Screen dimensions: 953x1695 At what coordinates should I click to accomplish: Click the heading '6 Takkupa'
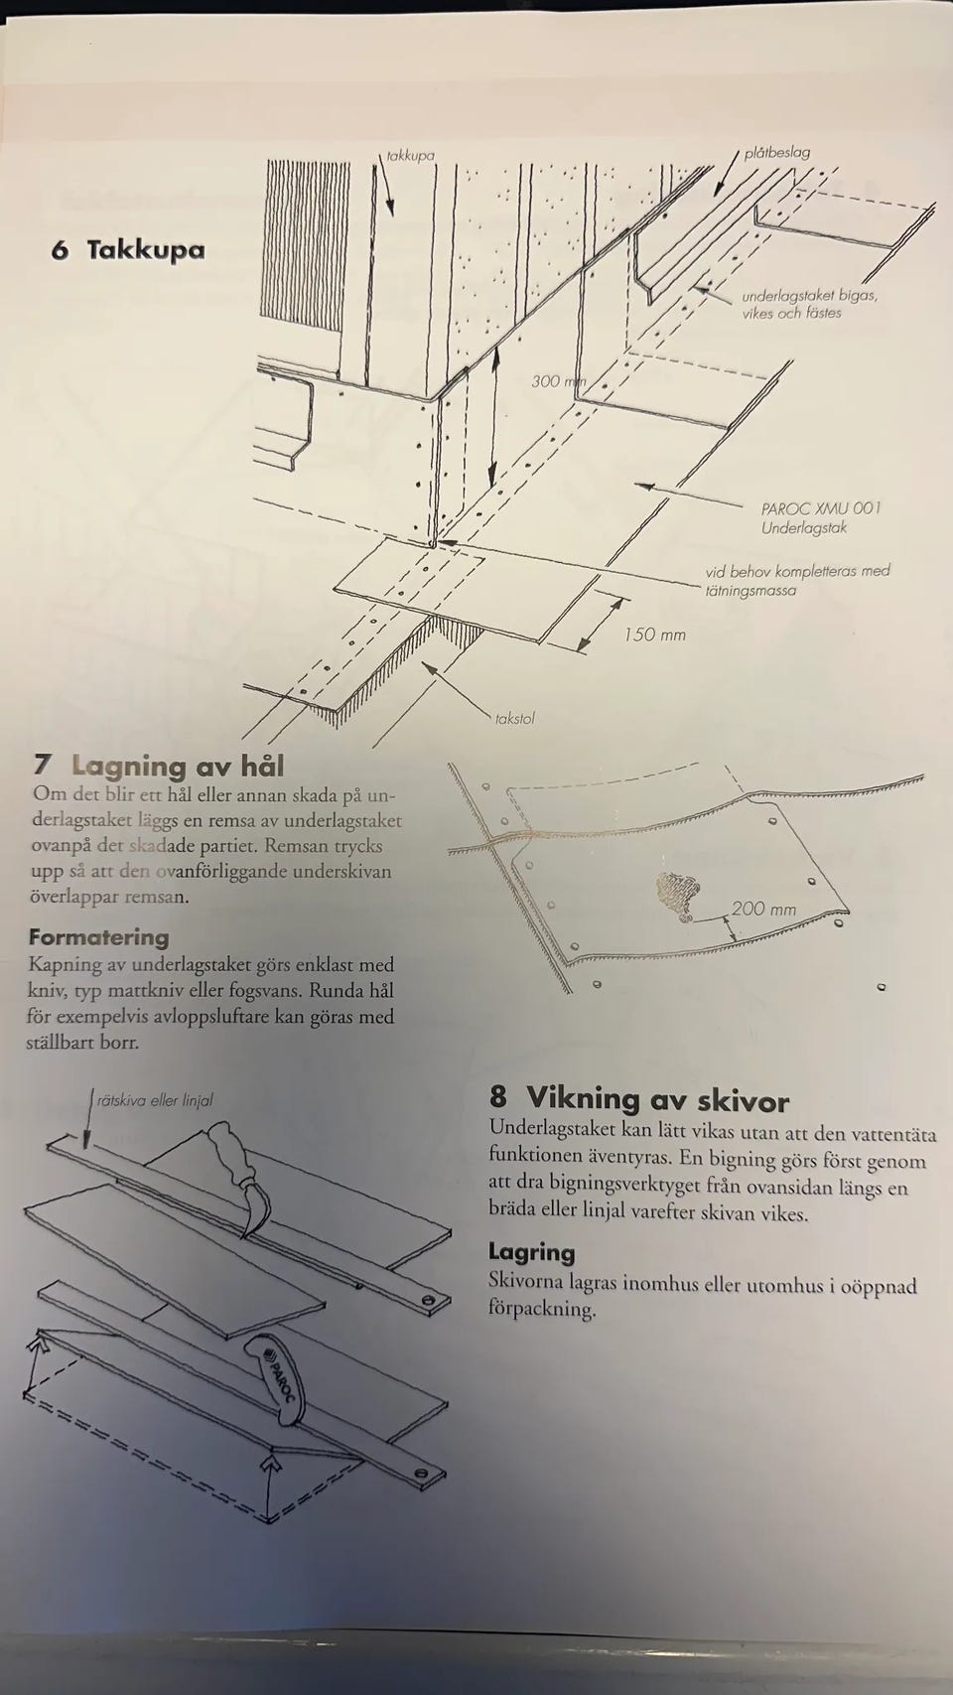(128, 250)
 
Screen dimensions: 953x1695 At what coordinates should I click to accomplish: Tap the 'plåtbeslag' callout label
(776, 152)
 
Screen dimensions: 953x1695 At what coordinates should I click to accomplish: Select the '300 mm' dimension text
(558, 381)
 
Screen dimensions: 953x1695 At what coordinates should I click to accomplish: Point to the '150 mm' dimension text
(655, 635)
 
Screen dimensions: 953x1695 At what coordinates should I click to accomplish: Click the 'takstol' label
(514, 718)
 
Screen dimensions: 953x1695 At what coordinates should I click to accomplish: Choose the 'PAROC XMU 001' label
(821, 508)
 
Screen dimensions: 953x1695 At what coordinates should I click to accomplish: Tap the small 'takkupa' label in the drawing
(411, 155)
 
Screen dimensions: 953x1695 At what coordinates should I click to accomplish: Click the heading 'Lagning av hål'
(178, 766)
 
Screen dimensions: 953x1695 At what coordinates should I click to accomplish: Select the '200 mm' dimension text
(764, 908)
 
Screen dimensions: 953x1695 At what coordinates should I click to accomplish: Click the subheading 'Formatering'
(99, 936)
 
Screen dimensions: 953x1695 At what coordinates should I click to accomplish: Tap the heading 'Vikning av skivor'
(658, 1099)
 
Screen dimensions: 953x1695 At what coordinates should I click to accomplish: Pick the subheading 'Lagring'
(532, 1252)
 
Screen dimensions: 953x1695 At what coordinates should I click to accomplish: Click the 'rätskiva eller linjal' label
(155, 1100)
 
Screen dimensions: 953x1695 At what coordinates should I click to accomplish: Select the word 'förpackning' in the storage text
(542, 1309)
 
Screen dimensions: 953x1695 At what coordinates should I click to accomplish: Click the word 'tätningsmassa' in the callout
(750, 590)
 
